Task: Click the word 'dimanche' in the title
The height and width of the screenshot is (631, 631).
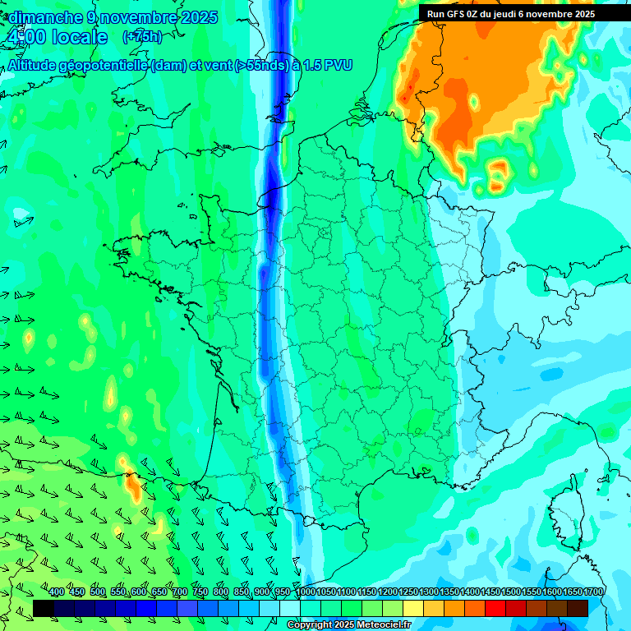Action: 45,17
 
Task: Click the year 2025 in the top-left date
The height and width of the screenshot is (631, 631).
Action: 198,17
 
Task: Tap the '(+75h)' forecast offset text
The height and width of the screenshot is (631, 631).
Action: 142,37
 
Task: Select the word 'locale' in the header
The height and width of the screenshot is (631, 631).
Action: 80,37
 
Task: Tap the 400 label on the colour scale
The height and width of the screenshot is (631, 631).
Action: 57,592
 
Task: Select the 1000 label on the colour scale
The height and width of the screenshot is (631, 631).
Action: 306,592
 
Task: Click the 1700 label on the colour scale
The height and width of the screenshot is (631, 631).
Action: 593,592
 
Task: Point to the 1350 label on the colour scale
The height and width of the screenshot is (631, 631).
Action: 449,592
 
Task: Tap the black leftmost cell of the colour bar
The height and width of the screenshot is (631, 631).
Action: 44,608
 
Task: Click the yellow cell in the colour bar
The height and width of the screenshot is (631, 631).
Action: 413,608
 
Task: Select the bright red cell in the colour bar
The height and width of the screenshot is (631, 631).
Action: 495,608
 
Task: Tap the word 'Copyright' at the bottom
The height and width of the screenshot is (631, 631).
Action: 309,625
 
